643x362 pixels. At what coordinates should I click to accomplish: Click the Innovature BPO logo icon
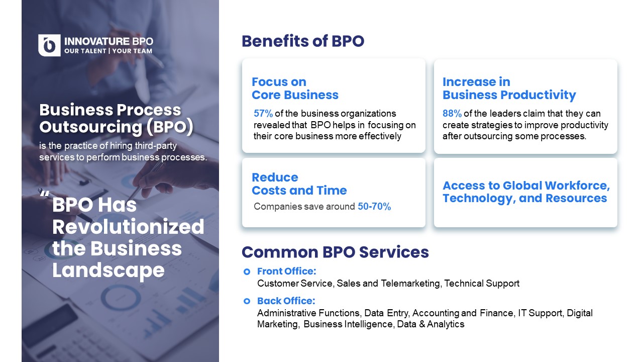[x=49, y=45]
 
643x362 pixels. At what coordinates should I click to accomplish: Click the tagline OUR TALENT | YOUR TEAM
[x=108, y=51]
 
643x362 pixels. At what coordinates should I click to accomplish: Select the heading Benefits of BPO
[x=303, y=41]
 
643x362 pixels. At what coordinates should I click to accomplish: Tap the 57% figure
[x=263, y=114]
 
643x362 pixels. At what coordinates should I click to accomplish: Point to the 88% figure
[x=452, y=114]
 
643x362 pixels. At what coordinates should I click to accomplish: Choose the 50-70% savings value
[x=374, y=206]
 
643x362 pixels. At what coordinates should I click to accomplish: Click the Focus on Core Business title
[x=295, y=88]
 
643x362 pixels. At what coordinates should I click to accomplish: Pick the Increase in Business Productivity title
[x=509, y=88]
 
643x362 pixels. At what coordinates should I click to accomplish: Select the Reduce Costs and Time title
[x=299, y=184]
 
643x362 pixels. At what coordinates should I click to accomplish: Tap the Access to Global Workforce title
[x=526, y=192]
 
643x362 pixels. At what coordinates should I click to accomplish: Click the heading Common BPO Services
[x=335, y=252]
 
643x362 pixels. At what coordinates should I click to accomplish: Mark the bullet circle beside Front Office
[x=247, y=271]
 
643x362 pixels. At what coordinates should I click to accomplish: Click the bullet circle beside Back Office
[x=247, y=301]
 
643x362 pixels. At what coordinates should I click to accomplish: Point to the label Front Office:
[x=287, y=271]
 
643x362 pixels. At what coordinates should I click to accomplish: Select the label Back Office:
[x=286, y=301]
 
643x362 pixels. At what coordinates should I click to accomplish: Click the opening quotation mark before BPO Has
[x=45, y=194]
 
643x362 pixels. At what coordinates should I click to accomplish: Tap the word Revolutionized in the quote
[x=128, y=227]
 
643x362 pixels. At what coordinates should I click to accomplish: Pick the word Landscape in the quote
[x=109, y=270]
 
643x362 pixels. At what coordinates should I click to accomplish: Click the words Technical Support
[x=482, y=284]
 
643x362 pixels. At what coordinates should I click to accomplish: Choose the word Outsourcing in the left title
[x=91, y=127]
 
